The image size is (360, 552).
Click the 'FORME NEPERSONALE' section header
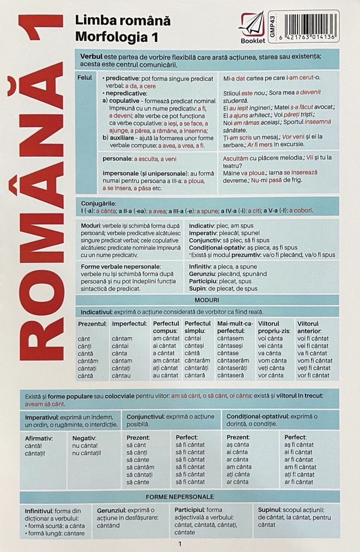(179, 496)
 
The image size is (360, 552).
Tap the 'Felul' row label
(84, 79)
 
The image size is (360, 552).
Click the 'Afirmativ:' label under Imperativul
(39, 438)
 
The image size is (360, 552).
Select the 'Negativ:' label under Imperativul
(85, 438)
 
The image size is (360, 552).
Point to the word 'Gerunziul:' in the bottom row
(114, 509)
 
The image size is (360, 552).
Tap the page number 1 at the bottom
(179, 544)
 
